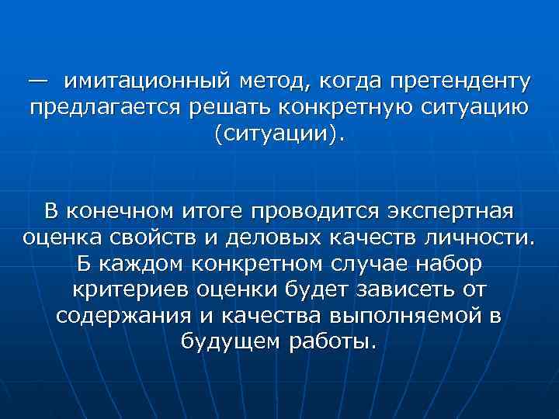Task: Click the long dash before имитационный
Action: click(x=37, y=81)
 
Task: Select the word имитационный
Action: click(x=148, y=81)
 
